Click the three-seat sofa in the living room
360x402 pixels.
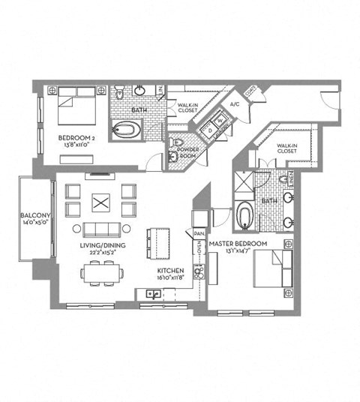[99, 229]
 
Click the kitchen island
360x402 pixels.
[158, 241]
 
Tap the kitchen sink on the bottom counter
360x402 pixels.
[153, 293]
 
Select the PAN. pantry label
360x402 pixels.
[200, 233]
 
